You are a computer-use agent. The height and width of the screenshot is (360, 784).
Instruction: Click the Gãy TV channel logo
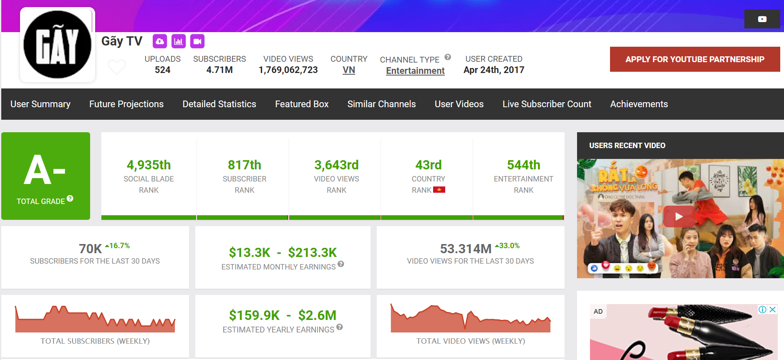click(57, 45)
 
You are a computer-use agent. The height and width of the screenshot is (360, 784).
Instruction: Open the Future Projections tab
click(126, 104)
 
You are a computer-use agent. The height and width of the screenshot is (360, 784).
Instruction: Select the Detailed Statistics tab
click(219, 104)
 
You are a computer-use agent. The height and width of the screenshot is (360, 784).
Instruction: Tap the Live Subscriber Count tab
click(547, 104)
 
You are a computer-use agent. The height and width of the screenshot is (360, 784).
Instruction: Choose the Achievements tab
click(639, 104)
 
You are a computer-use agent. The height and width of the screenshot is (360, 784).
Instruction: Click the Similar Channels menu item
click(381, 104)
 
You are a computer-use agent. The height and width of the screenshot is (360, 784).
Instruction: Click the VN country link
click(349, 70)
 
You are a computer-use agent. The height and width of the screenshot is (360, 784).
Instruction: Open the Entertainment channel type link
click(415, 71)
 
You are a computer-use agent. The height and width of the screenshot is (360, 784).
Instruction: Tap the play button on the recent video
click(679, 217)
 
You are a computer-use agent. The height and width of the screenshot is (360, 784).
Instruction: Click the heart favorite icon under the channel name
click(116, 66)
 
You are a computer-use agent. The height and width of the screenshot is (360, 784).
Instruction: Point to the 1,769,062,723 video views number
click(288, 70)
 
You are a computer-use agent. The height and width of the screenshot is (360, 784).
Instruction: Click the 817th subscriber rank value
click(245, 165)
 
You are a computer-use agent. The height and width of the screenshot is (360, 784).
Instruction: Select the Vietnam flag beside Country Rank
click(439, 190)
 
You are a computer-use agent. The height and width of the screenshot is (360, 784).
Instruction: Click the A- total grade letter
click(45, 170)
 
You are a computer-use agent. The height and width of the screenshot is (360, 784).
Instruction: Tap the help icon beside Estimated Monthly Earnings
click(341, 264)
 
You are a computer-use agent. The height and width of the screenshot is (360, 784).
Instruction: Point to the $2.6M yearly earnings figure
click(317, 315)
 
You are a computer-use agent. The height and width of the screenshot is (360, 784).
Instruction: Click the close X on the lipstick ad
click(772, 310)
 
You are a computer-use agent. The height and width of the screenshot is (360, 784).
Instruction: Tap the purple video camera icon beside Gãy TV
click(197, 41)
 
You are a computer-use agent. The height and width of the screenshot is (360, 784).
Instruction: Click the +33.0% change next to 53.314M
click(507, 246)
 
